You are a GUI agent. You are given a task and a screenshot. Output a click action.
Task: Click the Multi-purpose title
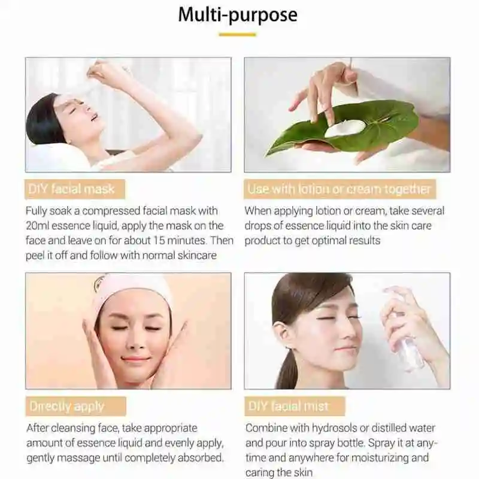(x=238, y=14)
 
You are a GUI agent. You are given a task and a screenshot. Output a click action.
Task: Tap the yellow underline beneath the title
(x=237, y=35)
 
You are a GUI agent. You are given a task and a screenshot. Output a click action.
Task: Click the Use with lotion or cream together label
(x=339, y=190)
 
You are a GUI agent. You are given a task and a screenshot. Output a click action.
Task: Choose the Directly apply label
(x=67, y=407)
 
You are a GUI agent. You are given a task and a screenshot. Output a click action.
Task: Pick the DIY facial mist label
(x=288, y=407)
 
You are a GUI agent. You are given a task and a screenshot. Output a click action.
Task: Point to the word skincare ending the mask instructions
(x=193, y=254)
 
